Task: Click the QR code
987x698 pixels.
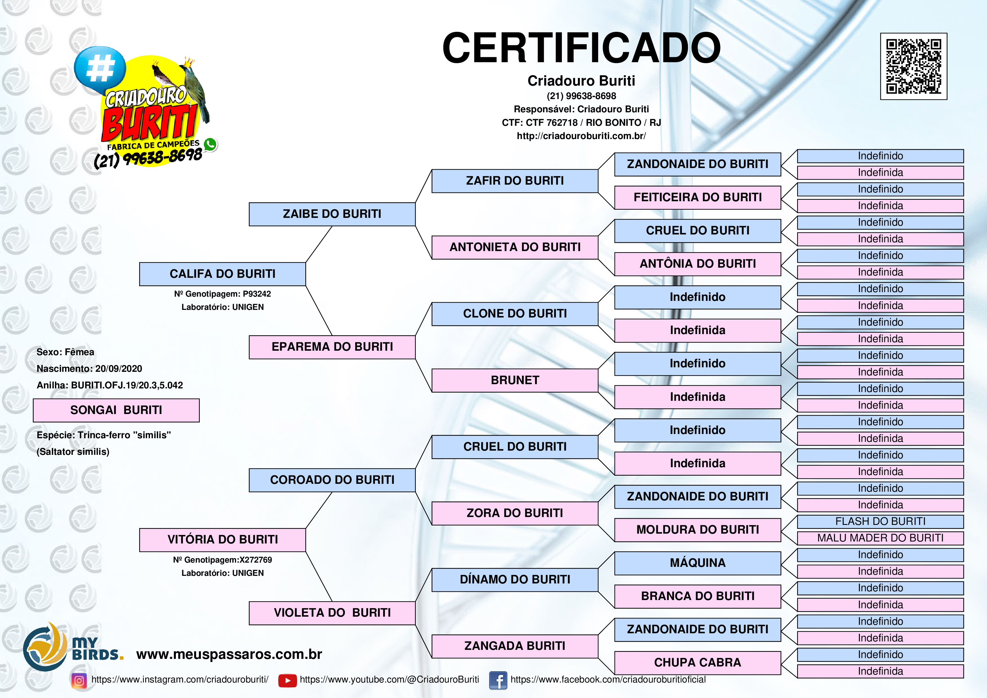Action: click(914, 66)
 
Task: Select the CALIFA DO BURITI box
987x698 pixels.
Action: click(223, 274)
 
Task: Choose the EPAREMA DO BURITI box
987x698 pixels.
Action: click(332, 347)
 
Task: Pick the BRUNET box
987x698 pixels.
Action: click(515, 380)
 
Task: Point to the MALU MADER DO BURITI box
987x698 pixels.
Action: click(880, 538)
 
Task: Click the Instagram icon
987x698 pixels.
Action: click(79, 680)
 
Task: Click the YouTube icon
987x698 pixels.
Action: click(288, 680)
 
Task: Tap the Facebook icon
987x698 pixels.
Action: click(498, 680)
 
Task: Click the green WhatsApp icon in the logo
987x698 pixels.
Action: click(210, 144)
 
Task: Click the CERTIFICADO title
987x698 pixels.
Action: click(581, 48)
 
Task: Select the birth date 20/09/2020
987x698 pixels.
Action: click(119, 369)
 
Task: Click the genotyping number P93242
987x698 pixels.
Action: click(257, 294)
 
